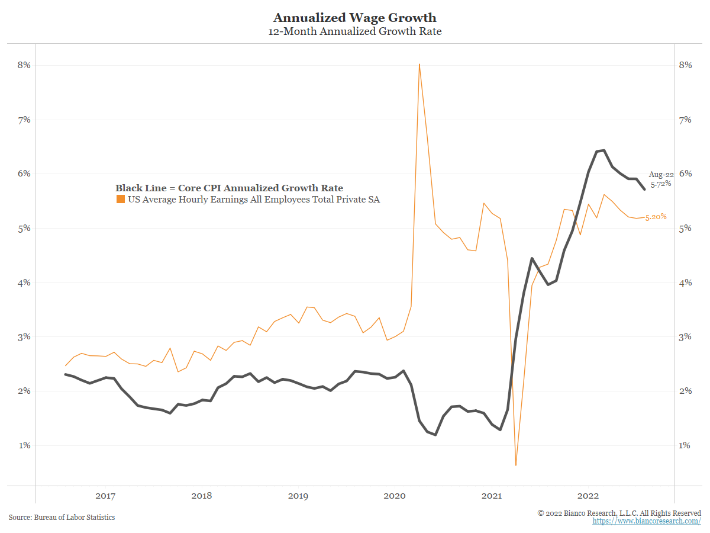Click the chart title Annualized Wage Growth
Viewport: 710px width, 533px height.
point(354,18)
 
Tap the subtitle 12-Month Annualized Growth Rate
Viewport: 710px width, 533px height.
point(354,31)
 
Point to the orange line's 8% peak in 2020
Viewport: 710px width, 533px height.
point(419,64)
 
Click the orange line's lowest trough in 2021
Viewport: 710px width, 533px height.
point(516,465)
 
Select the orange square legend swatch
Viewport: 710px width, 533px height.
point(120,200)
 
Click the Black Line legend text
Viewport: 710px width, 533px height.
point(229,188)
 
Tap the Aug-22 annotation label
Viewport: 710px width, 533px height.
point(660,175)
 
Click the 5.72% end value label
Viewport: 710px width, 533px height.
point(661,185)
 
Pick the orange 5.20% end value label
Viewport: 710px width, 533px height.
point(656,217)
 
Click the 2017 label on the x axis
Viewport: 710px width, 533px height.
point(105,496)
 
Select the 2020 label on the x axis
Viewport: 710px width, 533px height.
point(395,496)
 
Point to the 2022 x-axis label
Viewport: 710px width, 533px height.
point(589,496)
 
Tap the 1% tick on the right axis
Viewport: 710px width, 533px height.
point(685,445)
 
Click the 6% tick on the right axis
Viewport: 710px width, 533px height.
point(685,174)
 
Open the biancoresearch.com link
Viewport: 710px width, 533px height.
point(647,521)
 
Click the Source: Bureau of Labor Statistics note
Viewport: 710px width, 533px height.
point(62,518)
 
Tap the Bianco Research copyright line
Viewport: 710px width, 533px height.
point(619,513)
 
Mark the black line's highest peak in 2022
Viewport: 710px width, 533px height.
point(603,150)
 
